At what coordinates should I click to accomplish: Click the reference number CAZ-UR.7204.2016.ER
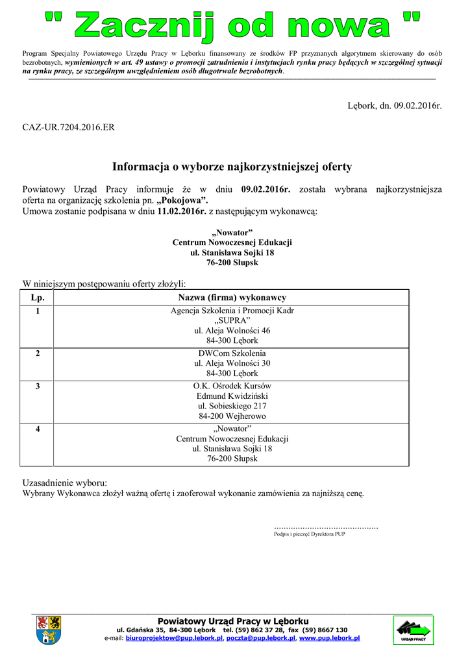(x=69, y=127)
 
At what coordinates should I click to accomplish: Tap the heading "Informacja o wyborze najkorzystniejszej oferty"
(x=232, y=167)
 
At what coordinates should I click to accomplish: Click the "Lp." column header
(x=37, y=297)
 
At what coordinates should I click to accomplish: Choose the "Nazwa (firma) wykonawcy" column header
(x=232, y=297)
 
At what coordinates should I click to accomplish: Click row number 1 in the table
(x=37, y=311)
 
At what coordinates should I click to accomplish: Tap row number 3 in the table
(x=37, y=386)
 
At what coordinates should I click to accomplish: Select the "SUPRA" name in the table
(x=232, y=320)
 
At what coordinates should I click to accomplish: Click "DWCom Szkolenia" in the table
(x=232, y=353)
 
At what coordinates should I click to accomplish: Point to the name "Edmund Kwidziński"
(x=232, y=396)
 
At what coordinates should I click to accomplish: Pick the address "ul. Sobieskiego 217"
(x=232, y=406)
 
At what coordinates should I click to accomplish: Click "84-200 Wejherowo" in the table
(x=232, y=416)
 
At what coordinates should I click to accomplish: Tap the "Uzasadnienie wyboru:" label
(x=65, y=483)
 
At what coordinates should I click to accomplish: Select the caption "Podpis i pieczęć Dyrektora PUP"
(x=310, y=534)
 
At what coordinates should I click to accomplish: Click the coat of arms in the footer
(x=49, y=630)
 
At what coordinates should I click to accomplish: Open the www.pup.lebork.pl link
(x=329, y=638)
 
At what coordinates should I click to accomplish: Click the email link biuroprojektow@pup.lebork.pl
(x=175, y=638)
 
